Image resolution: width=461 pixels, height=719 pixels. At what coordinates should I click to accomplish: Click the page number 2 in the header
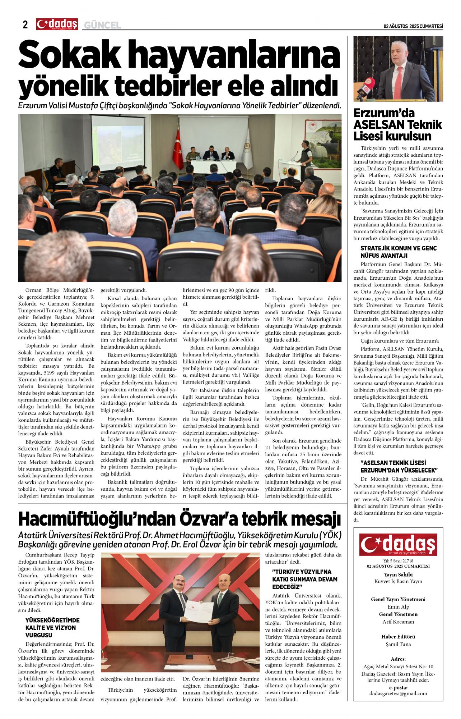tap(25, 25)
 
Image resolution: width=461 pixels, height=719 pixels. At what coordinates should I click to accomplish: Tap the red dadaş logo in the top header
tap(57, 24)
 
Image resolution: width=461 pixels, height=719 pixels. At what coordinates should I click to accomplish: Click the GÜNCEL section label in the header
tap(102, 25)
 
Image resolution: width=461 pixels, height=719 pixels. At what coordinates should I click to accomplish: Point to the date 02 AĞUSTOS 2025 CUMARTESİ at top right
tap(413, 26)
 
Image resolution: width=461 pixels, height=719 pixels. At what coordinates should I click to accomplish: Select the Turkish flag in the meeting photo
tap(178, 149)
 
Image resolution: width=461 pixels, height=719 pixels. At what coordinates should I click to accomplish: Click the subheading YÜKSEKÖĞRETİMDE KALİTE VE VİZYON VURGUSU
tap(52, 628)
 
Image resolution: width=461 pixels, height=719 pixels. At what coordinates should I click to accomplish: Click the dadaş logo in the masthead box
tap(398, 544)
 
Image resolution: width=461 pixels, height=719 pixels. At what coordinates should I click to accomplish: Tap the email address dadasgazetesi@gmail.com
tap(398, 693)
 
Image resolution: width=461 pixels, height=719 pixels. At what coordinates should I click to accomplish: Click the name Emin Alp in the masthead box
tap(398, 607)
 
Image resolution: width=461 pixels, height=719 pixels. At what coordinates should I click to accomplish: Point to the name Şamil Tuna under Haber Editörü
tap(398, 644)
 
